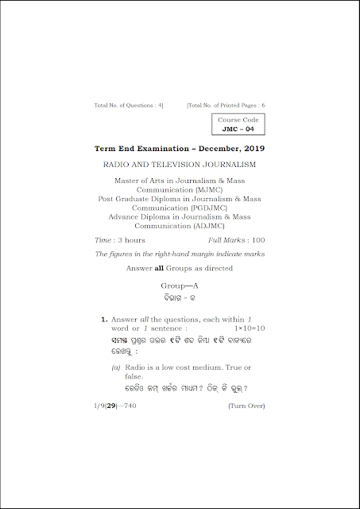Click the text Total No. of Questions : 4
coord(129,105)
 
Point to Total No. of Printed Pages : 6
coord(226,105)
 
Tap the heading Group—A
coord(179,284)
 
